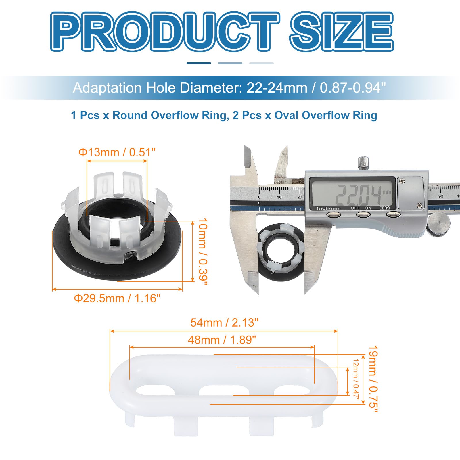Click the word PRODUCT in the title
[x=165, y=32]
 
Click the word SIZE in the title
[x=342, y=32]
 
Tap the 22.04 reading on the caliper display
[x=359, y=195]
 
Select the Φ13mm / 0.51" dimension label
[x=117, y=152]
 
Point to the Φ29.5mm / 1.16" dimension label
[x=117, y=298]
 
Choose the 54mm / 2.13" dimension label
[x=224, y=323]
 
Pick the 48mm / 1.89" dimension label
[x=222, y=340]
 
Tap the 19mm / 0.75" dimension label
[x=373, y=379]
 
